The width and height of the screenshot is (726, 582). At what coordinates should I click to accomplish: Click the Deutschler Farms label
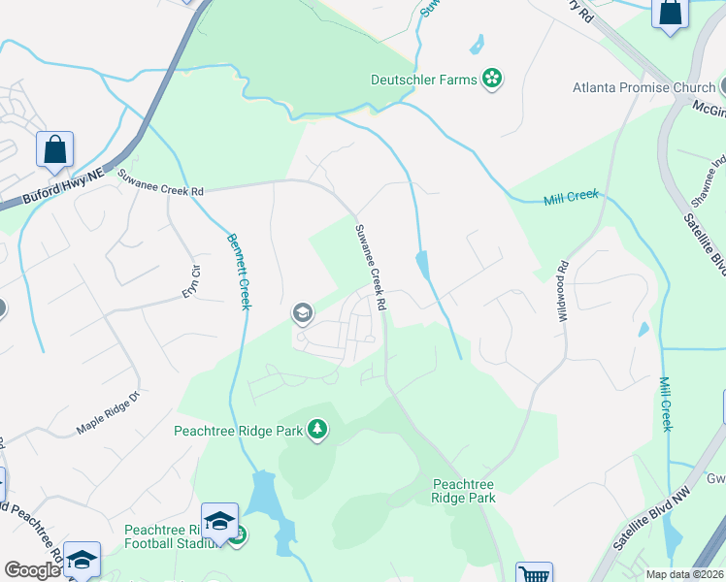424,80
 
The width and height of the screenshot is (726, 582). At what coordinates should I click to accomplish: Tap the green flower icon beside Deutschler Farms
492,79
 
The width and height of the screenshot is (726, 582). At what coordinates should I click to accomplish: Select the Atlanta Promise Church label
643,87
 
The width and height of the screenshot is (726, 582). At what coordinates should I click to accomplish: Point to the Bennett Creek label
239,272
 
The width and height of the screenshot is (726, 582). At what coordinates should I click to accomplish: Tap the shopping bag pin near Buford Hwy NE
54,151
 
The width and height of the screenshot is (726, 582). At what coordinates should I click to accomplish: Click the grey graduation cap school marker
302,313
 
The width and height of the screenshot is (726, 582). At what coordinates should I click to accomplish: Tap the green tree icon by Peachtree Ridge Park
316,429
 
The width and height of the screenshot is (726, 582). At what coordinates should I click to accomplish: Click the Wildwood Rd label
563,296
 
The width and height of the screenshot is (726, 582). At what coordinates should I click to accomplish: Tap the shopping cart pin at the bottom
533,573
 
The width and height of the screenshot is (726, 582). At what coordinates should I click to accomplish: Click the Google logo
32,570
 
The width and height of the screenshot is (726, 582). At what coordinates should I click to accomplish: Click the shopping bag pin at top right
671,14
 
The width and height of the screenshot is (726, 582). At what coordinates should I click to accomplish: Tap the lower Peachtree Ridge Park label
463,491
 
